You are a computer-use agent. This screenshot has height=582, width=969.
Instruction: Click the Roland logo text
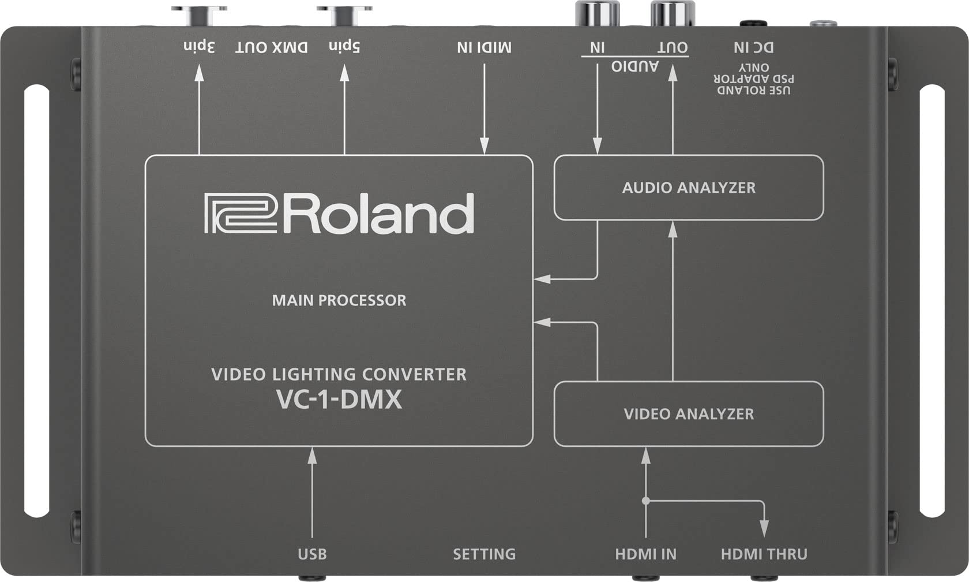(x=339, y=214)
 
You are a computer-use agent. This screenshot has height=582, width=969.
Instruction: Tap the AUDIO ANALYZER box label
(x=688, y=188)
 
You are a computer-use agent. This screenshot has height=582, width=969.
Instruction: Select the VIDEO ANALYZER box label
(x=688, y=414)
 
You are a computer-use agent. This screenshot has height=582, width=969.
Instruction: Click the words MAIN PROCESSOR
(x=339, y=300)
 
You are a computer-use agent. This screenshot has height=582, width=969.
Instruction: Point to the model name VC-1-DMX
(x=339, y=400)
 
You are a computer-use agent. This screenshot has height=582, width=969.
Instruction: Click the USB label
(x=312, y=554)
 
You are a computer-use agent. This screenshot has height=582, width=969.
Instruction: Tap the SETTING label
(x=484, y=554)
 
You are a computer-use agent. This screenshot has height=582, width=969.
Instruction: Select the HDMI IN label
(x=645, y=554)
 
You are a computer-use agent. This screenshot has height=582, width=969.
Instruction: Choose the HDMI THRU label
(x=764, y=554)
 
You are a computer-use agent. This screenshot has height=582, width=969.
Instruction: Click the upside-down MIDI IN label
(x=484, y=47)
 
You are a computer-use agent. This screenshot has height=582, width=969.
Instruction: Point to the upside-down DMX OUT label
(x=271, y=47)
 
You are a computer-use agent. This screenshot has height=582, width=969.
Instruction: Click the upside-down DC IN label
(x=753, y=47)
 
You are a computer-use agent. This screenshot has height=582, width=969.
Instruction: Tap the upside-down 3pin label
(x=199, y=46)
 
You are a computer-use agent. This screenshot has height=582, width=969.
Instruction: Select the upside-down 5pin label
(x=344, y=46)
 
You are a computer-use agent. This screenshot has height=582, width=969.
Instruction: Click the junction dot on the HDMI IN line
(x=646, y=501)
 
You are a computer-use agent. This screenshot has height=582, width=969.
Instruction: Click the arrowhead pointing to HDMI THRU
(x=764, y=529)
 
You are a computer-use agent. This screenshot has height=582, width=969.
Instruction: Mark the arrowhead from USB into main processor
(x=312, y=456)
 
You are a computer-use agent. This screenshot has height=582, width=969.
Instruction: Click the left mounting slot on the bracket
(x=37, y=301)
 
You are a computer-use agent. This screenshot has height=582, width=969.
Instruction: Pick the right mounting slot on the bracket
(x=932, y=301)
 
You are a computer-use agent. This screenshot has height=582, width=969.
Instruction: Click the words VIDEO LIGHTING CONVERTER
(x=339, y=375)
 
